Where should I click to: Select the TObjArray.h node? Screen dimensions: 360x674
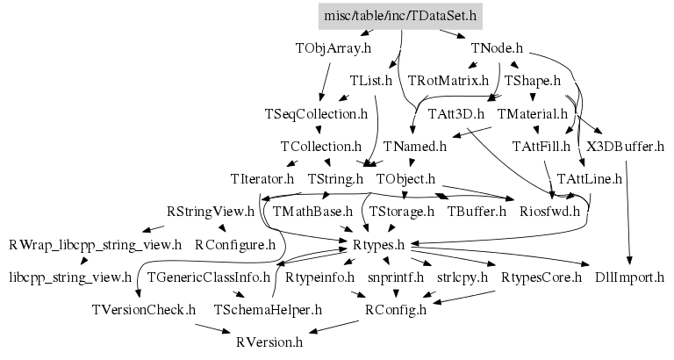tap(333, 48)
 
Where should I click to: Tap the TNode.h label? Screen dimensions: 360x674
tap(497, 48)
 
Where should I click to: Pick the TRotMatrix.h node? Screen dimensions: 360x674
tap(448, 81)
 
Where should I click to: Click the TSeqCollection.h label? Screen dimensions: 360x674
tap(316, 114)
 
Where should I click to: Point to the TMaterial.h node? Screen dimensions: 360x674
tap(534, 114)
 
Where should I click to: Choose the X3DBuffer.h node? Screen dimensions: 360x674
tap(625, 146)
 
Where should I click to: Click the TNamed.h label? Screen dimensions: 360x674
tap(415, 146)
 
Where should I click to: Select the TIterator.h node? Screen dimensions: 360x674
tap(262, 179)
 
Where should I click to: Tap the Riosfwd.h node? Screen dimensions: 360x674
tap(550, 211)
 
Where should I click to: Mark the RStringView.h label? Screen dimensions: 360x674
tap(211, 212)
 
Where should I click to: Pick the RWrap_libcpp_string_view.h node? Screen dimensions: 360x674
tap(95, 244)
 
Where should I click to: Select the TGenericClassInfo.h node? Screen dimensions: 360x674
tap(209, 277)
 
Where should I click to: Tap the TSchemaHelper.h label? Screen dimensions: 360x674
tap(268, 310)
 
